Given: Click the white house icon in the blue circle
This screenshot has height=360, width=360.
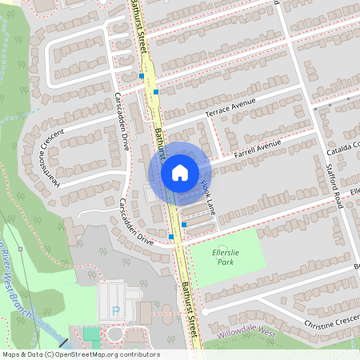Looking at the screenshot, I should click(x=179, y=172).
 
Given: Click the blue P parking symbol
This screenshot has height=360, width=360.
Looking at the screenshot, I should click(x=117, y=310).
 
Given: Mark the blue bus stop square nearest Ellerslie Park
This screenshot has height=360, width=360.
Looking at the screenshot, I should click(x=185, y=225).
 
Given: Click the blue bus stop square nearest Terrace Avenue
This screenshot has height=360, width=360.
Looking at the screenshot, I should click(x=156, y=92).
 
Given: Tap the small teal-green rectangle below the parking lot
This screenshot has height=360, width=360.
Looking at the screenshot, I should click(x=91, y=334).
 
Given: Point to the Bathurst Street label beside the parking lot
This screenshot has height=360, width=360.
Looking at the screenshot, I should click(x=189, y=301).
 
